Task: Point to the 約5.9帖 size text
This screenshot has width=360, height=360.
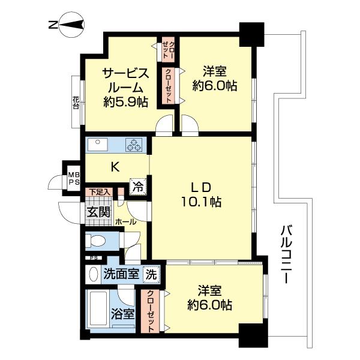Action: pyautogui.click(x=125, y=102)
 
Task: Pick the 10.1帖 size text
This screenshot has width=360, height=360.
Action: pyautogui.click(x=204, y=202)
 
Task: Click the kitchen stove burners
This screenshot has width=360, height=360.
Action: pyautogui.click(x=133, y=146)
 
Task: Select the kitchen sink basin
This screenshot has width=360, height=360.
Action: pyautogui.click(x=98, y=145)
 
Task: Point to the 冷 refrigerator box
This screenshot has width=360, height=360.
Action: pyautogui.click(x=138, y=187)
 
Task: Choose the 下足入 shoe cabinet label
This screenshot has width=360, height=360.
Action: pyautogui.click(x=99, y=192)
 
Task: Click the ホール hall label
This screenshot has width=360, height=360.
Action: pyautogui.click(x=125, y=221)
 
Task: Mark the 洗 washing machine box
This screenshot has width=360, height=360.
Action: pyautogui.click(x=153, y=274)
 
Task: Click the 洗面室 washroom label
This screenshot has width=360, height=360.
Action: pyautogui.click(x=122, y=274)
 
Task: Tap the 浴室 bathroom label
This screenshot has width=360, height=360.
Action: pyautogui.click(x=122, y=314)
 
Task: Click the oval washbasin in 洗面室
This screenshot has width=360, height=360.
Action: pyautogui.click(x=93, y=275)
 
